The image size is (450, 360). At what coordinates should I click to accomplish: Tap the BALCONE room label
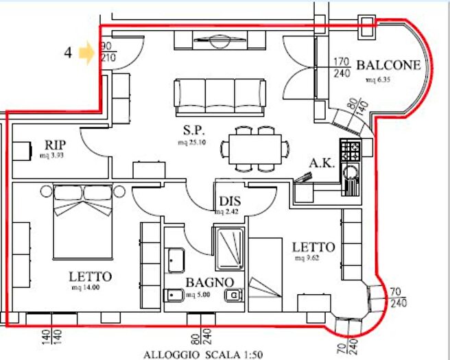(387, 66)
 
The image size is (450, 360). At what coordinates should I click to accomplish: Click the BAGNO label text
(209, 282)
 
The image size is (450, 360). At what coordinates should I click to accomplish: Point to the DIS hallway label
(229, 201)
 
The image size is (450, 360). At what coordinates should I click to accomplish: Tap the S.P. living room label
(193, 131)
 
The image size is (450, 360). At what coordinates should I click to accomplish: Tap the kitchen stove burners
(350, 149)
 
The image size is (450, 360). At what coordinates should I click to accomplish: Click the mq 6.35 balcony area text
(377, 79)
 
